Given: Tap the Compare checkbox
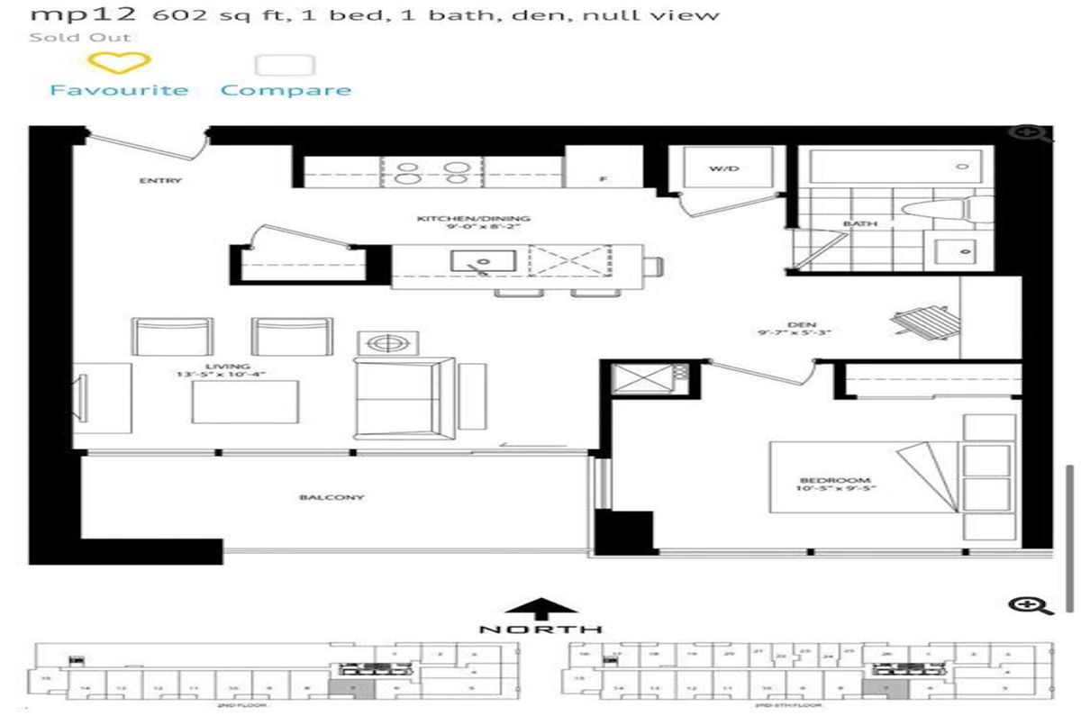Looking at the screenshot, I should pyautogui.click(x=286, y=65).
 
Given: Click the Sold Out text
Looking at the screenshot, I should pyautogui.click(x=80, y=37).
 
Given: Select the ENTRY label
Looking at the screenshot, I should pyautogui.click(x=160, y=180).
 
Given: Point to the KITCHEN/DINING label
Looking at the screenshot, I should pyautogui.click(x=474, y=219).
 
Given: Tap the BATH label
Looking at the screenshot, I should pyautogui.click(x=855, y=223).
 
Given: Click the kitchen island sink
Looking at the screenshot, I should pyautogui.click(x=482, y=263).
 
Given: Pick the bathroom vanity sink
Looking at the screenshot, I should pyautogui.click(x=962, y=251).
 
